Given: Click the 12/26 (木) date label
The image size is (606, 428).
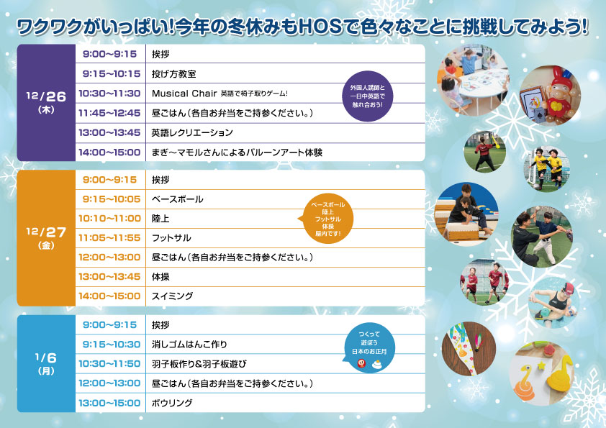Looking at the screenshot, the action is click(x=46, y=101).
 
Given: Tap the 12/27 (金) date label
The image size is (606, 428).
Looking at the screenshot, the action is click(x=46, y=237).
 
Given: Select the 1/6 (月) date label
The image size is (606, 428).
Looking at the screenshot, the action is click(x=46, y=363).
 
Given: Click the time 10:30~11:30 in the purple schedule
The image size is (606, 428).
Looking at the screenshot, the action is click(x=109, y=94).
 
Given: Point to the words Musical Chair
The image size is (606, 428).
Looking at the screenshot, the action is click(x=184, y=94).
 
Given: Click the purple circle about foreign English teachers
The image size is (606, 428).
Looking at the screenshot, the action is click(x=368, y=96).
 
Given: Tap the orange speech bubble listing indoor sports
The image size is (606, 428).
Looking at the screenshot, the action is click(x=327, y=219).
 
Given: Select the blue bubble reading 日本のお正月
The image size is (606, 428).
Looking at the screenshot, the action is click(x=369, y=348).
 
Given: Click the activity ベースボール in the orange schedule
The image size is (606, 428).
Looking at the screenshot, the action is click(x=177, y=199).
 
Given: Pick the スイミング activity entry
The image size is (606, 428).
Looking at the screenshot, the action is click(x=172, y=296).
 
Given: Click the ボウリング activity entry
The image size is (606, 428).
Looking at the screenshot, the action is click(x=172, y=403).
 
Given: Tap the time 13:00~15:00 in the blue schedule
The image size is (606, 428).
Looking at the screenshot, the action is click(x=109, y=403).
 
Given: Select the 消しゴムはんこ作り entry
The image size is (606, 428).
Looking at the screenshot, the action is click(x=189, y=344).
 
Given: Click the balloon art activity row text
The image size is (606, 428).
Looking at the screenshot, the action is click(x=237, y=152).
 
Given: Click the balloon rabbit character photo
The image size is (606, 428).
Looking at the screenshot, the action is click(x=550, y=96).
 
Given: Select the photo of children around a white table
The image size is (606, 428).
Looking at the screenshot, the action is click(x=473, y=81).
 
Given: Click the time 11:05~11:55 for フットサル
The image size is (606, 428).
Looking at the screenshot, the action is click(x=109, y=238).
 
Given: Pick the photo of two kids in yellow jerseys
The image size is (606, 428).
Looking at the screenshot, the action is click(x=546, y=168).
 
